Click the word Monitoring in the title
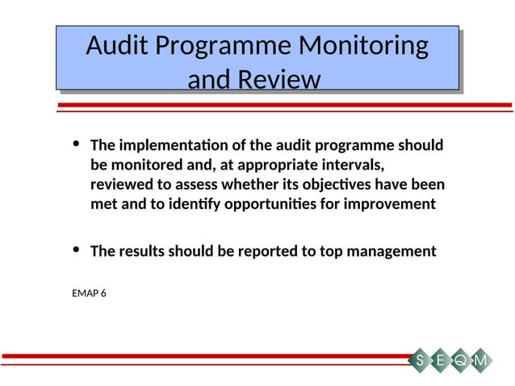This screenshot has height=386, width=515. point(362,46)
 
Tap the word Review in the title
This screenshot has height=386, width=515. point(277,80)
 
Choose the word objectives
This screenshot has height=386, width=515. point(347,185)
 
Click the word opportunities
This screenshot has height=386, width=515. point(268,204)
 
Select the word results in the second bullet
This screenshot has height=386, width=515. point(147,251)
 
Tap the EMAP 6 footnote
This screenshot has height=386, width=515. point(89,292)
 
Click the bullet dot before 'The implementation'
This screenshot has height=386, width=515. point(76,145)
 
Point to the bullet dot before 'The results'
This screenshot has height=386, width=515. point(76,250)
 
